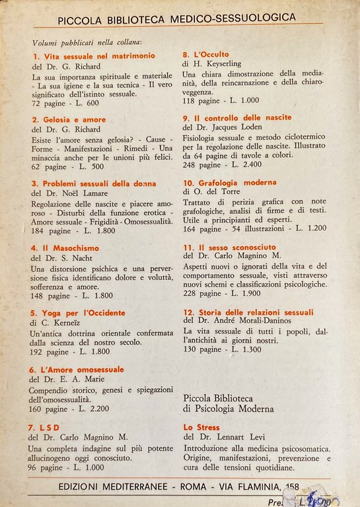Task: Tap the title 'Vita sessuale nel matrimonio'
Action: [98, 56]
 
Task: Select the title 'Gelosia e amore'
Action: [73, 119]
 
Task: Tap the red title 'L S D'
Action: [52, 427]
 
